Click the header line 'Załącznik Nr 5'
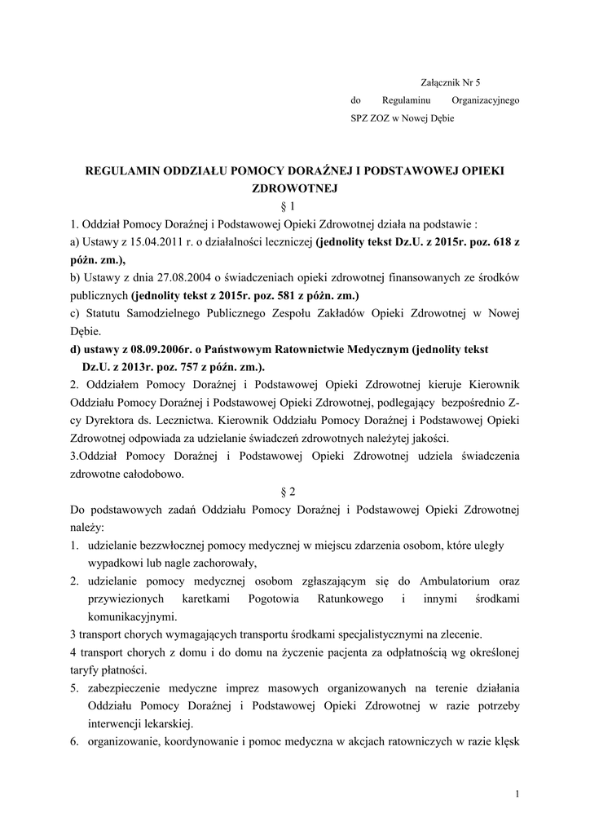[x=451, y=82]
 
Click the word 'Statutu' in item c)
[x=103, y=313]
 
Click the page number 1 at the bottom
[x=517, y=794]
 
